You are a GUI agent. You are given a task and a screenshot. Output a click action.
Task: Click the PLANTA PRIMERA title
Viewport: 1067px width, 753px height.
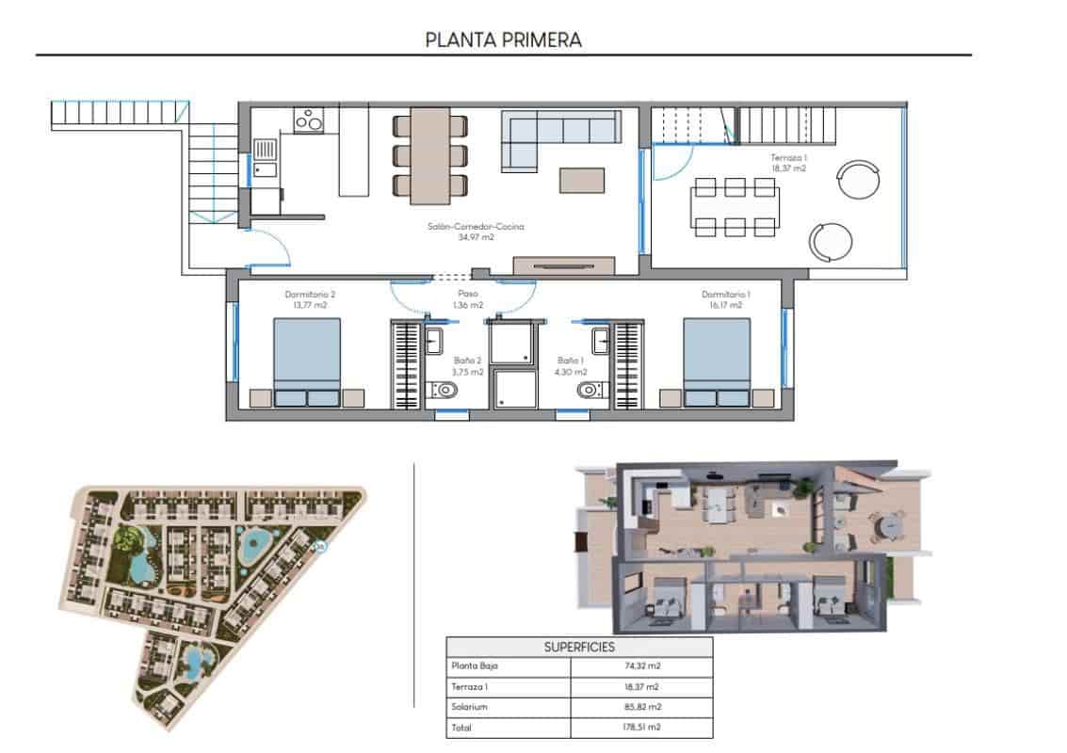[503, 40]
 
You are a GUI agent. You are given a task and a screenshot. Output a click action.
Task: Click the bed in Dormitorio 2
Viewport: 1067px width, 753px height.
[307, 361]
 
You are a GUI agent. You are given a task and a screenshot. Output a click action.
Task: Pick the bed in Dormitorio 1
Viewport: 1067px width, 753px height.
[717, 361]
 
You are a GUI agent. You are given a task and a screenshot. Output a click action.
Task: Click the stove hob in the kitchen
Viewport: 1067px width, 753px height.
[309, 120]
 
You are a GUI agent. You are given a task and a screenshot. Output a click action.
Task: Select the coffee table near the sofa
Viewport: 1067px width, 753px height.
[582, 179]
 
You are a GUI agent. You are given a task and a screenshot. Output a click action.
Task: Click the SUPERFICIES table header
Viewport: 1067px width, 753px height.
[579, 648]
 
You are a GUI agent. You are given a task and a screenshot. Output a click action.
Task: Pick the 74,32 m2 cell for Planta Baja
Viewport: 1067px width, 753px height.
[641, 666]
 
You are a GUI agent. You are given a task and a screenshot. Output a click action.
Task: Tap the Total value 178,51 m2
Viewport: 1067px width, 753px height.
[641, 728]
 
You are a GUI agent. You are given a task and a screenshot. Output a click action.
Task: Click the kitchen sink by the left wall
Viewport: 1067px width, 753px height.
[265, 158]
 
